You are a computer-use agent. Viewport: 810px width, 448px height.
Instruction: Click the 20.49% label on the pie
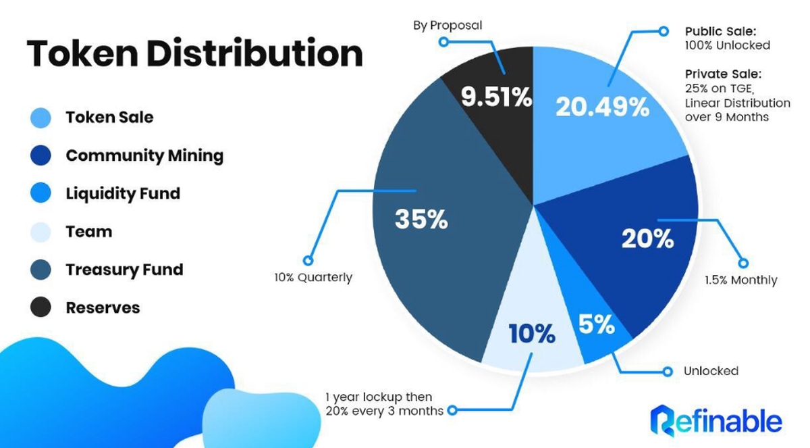tap(602, 107)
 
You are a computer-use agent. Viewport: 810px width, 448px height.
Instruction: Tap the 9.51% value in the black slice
tap(496, 97)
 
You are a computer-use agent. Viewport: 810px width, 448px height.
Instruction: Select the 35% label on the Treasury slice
tap(422, 220)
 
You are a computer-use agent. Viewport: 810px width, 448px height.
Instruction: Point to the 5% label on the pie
tap(597, 324)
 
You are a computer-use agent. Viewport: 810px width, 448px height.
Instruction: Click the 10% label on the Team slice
tap(532, 333)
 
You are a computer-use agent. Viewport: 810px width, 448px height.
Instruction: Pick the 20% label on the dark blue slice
tap(647, 239)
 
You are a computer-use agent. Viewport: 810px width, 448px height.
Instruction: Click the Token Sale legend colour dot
tap(40, 118)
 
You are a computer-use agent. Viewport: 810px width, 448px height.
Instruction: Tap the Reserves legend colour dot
tap(40, 307)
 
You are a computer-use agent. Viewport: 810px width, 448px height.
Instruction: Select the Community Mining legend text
tap(144, 155)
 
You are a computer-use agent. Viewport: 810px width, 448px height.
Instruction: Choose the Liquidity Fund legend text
tap(123, 194)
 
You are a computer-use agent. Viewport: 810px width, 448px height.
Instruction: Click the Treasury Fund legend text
tap(124, 270)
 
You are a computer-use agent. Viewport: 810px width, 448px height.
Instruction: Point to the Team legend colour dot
tap(40, 232)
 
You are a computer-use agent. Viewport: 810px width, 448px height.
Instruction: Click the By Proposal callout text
tap(448, 26)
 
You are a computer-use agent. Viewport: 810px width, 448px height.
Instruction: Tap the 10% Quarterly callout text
tap(313, 278)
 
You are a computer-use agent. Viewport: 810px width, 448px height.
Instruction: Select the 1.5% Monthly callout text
tap(741, 280)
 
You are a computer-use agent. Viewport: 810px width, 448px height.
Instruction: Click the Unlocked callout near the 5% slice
tap(711, 371)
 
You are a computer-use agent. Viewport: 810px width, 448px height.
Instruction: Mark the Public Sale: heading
tap(721, 32)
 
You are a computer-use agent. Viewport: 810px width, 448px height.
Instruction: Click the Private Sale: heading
tap(723, 74)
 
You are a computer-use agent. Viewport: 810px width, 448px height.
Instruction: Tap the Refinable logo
tap(716, 420)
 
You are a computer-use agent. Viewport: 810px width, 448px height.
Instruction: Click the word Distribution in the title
tap(254, 53)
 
